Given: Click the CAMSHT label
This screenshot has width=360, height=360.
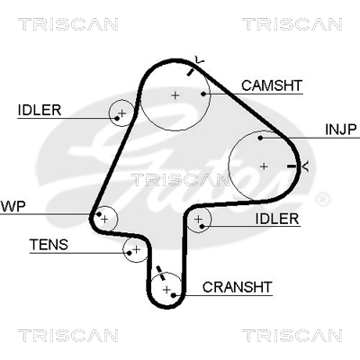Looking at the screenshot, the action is [272, 85].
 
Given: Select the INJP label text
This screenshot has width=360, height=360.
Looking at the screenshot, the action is [341, 130].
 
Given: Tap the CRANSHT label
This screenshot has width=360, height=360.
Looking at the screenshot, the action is [237, 287].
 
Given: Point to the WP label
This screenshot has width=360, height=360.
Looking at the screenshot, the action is [13, 206].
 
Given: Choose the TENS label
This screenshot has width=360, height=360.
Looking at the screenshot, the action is [49, 245].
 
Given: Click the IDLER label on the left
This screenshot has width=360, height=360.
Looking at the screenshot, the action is [40, 110].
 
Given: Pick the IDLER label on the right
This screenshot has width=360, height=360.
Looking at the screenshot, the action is [277, 219].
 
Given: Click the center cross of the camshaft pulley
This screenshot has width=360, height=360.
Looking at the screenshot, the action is [175, 95].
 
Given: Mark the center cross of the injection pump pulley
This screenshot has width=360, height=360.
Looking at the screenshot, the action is [264, 166].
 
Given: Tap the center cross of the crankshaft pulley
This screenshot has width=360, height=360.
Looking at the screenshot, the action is [166, 290].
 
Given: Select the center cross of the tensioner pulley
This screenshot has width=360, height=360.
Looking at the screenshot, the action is [137, 249].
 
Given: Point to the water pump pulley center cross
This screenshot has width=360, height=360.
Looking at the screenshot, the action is [104, 220].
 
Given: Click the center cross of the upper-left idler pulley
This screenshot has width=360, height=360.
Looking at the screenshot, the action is [122, 113].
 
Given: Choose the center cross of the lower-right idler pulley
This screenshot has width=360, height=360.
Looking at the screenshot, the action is [198, 220].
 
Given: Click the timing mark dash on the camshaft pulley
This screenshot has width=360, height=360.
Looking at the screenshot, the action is [190, 72].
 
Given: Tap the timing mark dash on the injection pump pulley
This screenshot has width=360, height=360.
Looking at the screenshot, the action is [292, 166].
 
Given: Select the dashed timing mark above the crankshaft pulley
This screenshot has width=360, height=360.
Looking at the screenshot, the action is [161, 273].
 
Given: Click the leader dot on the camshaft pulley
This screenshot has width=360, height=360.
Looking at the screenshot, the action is [203, 94].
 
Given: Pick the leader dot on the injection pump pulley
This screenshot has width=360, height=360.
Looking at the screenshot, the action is [260, 138].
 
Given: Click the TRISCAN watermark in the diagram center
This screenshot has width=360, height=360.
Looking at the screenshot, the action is [180, 180].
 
